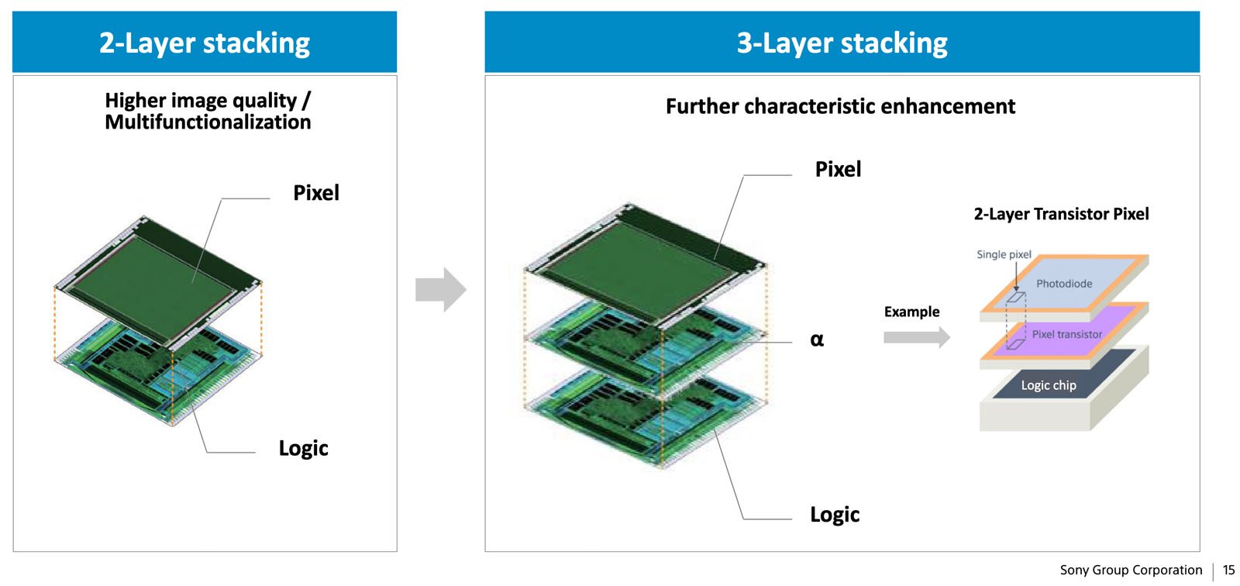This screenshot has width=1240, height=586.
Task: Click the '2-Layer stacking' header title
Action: click(x=205, y=43)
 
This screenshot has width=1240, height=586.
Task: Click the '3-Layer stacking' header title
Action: click(x=842, y=43)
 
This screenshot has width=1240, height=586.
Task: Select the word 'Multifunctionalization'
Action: click(x=208, y=122)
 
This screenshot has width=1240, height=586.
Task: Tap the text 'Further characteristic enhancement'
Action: click(x=840, y=106)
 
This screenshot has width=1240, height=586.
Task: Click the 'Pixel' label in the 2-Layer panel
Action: click(x=316, y=193)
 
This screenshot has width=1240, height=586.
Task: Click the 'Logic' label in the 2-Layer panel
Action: click(x=303, y=449)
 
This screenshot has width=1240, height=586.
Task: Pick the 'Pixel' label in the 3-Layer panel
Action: click(x=838, y=170)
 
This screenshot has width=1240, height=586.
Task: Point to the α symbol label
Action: click(x=817, y=340)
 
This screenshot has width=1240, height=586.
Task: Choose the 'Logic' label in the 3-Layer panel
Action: click(x=835, y=515)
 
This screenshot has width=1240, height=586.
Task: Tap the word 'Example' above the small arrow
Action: click(x=911, y=312)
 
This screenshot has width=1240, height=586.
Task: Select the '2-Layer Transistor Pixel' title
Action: click(x=1061, y=214)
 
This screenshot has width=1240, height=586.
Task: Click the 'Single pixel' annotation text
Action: click(x=1004, y=254)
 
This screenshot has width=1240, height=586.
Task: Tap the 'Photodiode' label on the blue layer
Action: click(x=1064, y=284)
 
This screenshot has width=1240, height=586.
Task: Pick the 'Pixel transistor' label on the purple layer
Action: click(x=1066, y=334)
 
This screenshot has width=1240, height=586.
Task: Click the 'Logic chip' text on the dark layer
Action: click(x=1048, y=385)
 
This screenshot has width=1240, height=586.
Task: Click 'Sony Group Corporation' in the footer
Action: click(x=1131, y=570)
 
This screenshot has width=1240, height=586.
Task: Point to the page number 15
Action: click(x=1228, y=570)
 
